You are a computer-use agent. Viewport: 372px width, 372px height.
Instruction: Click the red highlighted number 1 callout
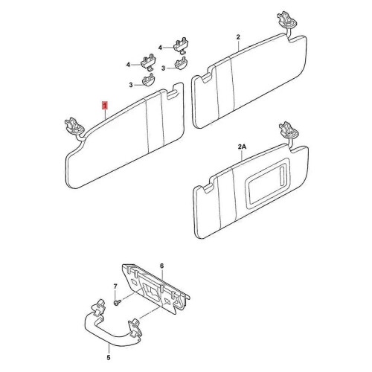point(106,106)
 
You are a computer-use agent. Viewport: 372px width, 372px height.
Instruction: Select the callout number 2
point(238,37)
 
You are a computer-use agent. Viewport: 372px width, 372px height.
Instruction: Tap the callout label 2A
point(242,147)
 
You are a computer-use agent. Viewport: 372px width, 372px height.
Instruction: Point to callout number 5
point(109,357)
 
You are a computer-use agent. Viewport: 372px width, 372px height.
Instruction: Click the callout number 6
point(162,266)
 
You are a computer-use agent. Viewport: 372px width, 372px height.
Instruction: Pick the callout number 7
point(115,286)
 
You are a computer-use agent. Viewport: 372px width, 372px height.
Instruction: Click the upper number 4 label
point(160,48)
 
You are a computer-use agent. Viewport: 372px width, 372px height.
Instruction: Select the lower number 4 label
point(128,65)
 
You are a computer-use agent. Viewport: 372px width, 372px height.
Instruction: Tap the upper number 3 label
point(163,68)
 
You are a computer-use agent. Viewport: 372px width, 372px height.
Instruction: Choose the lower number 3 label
point(131,85)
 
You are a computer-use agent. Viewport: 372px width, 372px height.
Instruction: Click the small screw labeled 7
point(118,303)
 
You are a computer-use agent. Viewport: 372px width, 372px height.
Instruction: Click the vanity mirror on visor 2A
point(268,184)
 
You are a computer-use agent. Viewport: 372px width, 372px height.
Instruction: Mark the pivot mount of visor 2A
point(289,130)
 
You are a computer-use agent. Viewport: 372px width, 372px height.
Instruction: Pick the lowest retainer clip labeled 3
point(149,80)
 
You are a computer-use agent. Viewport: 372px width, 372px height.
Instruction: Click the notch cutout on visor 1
point(173,95)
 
